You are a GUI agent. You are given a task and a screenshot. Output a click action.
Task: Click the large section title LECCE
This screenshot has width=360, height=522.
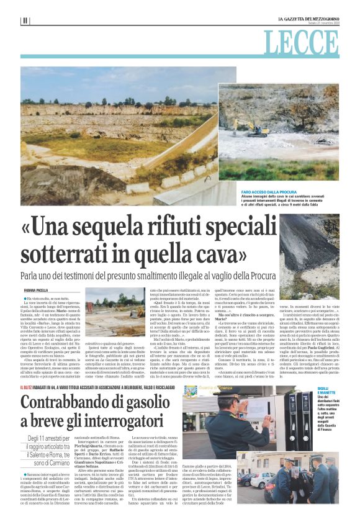point(310,43)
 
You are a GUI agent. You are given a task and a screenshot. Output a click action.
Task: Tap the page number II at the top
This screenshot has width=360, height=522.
point(24,20)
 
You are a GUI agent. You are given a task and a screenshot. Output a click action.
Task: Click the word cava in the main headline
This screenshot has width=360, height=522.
point(215,254)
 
